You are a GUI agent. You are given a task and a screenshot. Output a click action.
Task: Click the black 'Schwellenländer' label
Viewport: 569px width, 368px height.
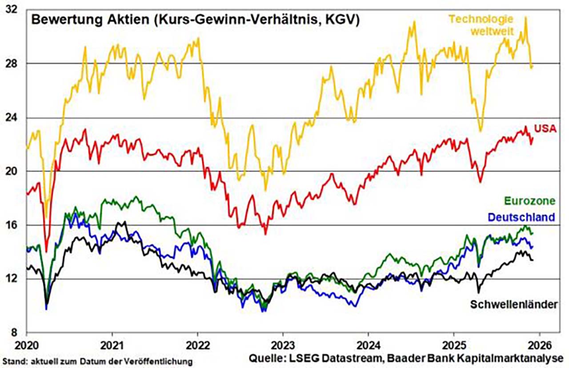coord(514,304)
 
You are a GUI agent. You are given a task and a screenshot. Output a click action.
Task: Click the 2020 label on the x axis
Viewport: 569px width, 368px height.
coord(27,344)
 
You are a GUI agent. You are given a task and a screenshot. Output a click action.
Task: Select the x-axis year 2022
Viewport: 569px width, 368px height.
coord(197,344)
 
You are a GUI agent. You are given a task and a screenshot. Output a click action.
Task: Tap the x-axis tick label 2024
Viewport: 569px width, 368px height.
coord(368,344)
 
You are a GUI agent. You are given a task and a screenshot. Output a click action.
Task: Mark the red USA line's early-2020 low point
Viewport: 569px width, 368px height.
coord(46,252)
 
